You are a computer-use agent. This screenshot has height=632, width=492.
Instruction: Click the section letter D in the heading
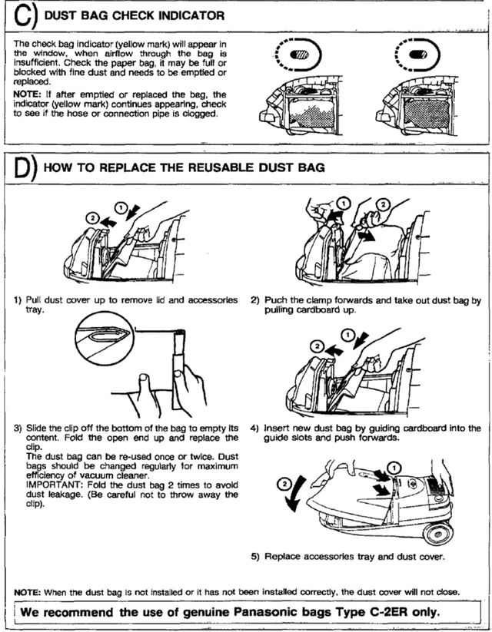pyautogui.click(x=23, y=168)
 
